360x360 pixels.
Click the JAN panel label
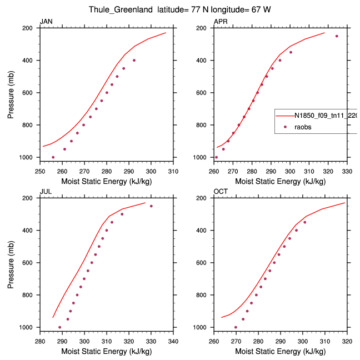click(x=46, y=22)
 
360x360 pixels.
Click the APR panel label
click(x=220, y=22)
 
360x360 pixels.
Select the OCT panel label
click(x=221, y=192)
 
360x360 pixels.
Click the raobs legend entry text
click(x=303, y=127)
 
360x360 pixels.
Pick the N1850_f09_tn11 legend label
click(x=325, y=116)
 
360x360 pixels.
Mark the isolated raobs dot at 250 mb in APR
click(x=337, y=36)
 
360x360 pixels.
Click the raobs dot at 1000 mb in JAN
click(x=53, y=157)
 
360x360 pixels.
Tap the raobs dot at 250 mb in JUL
click(x=151, y=206)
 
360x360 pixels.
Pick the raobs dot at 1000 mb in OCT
click(x=236, y=327)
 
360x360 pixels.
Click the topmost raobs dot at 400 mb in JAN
click(x=134, y=60)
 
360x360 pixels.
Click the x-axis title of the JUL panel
click(x=106, y=351)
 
